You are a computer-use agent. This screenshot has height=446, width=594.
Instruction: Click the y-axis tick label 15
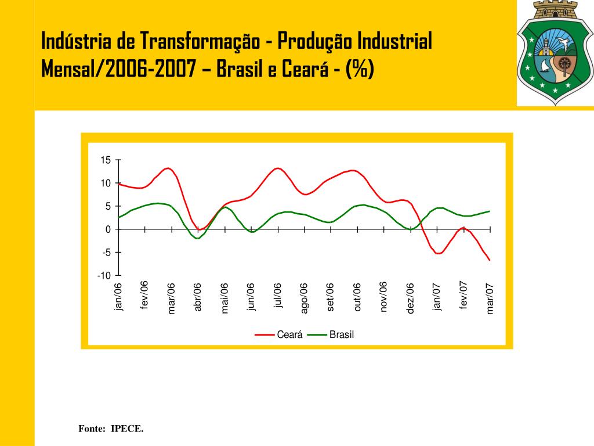[105, 160]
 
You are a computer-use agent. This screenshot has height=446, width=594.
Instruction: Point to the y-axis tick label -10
[104, 275]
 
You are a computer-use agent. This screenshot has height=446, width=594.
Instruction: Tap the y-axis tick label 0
[108, 229]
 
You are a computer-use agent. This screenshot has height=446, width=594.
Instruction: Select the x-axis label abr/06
[198, 297]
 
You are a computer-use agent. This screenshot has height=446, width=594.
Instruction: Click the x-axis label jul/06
[278, 296]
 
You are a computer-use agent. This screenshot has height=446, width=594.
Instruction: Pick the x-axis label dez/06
[411, 298]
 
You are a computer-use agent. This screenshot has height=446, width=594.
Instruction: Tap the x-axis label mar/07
[490, 298]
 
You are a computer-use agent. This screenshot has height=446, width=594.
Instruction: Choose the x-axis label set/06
[331, 297]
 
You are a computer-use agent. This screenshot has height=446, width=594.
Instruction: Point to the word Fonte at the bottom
[91, 429]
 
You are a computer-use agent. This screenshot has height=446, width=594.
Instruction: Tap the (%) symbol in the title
[360, 70]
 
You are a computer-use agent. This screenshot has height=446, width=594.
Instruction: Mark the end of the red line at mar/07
[490, 260]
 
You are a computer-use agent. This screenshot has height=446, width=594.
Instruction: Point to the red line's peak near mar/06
[167, 168]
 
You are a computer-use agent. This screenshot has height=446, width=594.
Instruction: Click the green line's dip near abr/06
[197, 238]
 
